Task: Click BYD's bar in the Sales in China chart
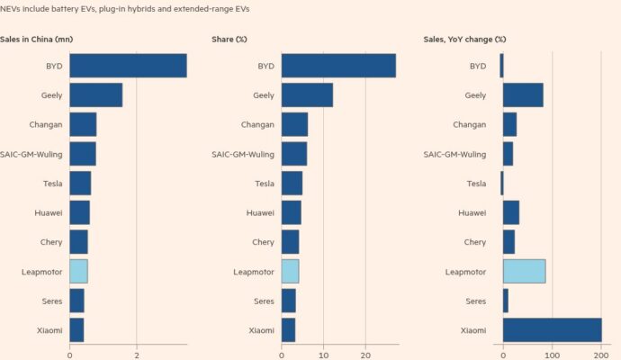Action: [128, 66]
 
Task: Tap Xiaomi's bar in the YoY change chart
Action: [552, 330]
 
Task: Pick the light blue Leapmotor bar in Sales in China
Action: [78, 272]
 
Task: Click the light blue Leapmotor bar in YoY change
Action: [524, 272]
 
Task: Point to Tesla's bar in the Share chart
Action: [292, 184]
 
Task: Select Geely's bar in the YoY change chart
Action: [523, 95]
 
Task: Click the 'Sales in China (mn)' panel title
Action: [37, 40]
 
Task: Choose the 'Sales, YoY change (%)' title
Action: [464, 40]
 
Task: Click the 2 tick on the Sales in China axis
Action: [136, 354]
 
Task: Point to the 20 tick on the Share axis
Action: [365, 354]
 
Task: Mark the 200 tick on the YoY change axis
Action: [600, 354]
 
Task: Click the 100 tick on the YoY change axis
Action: [552, 354]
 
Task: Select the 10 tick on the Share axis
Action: [323, 354]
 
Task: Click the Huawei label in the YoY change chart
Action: [472, 213]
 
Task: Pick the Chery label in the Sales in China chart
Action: [50, 242]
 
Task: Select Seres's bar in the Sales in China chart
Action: [76, 301]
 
